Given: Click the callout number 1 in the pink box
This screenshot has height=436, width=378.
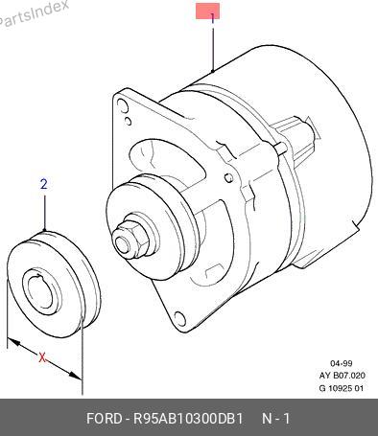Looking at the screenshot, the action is (x=212, y=18).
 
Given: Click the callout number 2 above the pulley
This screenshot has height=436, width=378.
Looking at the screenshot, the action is (x=44, y=184).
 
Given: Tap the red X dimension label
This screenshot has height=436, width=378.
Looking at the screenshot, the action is (x=42, y=357).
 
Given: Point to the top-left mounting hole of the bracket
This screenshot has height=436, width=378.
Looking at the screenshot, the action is (x=123, y=106).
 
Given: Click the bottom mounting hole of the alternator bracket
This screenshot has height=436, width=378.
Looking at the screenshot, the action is (x=180, y=318).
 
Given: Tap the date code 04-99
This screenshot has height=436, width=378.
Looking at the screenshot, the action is (x=342, y=363).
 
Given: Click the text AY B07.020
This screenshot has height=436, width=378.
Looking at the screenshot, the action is (x=342, y=376).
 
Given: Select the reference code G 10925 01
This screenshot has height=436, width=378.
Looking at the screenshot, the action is (x=342, y=388).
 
